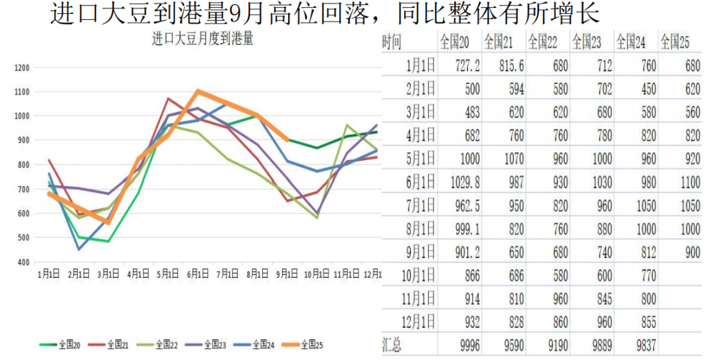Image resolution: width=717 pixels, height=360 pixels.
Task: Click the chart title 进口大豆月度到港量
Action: pyautogui.click(x=202, y=39)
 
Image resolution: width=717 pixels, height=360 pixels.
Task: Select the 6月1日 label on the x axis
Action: pyautogui.click(x=198, y=274)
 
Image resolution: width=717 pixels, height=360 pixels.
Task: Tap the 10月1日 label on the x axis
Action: pyautogui.click(x=315, y=274)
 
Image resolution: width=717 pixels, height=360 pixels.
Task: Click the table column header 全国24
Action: pyautogui.click(x=631, y=42)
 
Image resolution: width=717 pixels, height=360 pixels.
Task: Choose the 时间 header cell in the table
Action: pyautogui.click(x=392, y=42)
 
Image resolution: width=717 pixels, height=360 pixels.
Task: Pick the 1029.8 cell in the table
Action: pyautogui.click(x=459, y=182)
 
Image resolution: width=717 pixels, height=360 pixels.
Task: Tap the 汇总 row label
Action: pyautogui.click(x=392, y=345)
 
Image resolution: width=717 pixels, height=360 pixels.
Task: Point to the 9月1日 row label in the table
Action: pyautogui.click(x=421, y=252)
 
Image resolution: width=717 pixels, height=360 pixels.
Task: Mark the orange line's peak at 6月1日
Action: pyautogui.click(x=198, y=91)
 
